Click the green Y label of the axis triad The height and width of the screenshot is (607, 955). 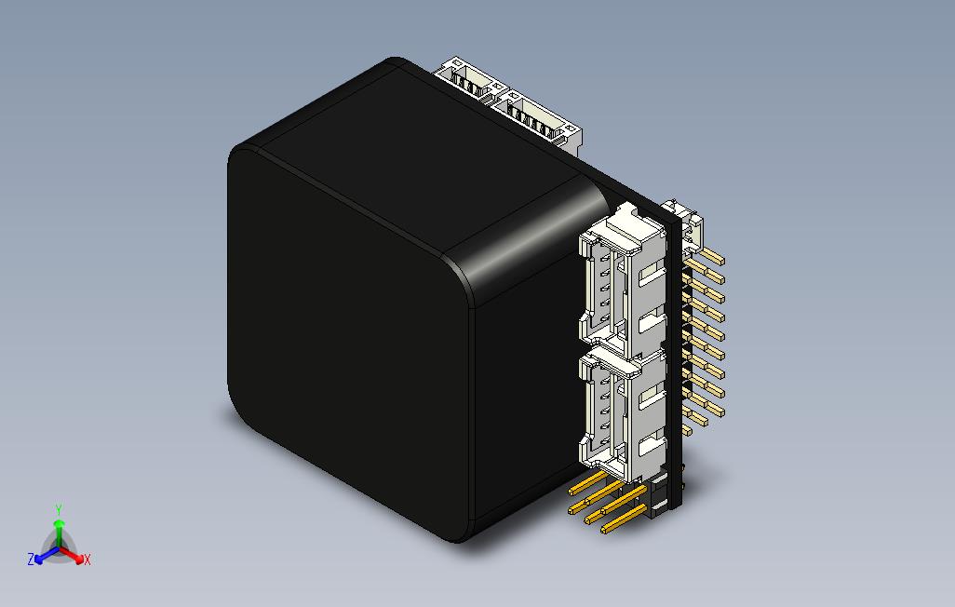pos(58,509)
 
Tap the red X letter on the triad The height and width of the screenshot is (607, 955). pos(87,560)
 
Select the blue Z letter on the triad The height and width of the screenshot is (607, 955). pos(31,560)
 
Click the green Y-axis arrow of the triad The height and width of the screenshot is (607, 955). pos(58,531)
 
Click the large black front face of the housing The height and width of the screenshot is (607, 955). pos(344,344)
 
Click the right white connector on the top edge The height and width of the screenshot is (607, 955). pos(540,116)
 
